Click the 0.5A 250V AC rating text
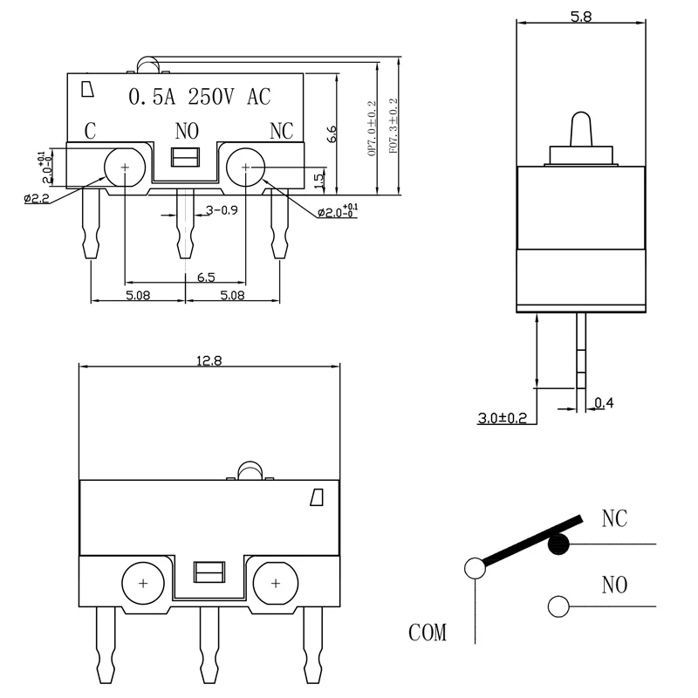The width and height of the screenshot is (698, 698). click(200, 97)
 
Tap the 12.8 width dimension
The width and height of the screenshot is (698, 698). click(209, 360)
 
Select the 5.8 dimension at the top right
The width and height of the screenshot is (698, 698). click(581, 17)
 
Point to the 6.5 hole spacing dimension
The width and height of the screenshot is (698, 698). click(206, 277)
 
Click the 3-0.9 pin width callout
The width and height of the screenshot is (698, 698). click(222, 209)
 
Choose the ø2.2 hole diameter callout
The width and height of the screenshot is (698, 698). click(37, 198)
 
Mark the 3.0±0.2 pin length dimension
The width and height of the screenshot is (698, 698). click(503, 418)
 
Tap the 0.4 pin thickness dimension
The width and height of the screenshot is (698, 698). click(604, 403)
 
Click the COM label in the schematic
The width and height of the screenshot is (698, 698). click(428, 632)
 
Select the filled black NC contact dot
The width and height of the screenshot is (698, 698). click(558, 544)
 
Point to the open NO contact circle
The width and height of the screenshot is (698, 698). click(558, 606)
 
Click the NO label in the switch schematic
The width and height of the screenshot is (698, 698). click(614, 585)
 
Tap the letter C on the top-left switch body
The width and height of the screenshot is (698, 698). click(91, 131)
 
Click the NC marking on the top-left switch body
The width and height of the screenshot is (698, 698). click(281, 131)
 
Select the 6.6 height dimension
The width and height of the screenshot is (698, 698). click(332, 134)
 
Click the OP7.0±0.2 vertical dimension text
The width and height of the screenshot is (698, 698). click(372, 128)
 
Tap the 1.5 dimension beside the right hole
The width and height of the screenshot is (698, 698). click(318, 181)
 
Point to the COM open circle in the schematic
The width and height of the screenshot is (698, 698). click(475, 569)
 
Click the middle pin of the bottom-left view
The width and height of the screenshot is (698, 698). click(209, 645)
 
